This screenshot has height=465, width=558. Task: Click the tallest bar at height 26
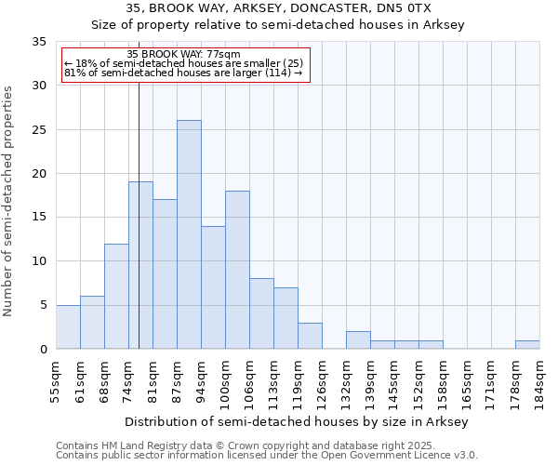(189, 234)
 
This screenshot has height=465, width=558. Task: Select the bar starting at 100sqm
(237, 270)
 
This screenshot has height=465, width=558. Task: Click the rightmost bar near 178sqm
(527, 344)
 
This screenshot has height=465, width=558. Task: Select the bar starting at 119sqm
(310, 336)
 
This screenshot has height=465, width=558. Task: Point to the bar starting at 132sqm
(358, 339)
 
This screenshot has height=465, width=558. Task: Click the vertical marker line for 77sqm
(139, 232)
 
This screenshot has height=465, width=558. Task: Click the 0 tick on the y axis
(44, 349)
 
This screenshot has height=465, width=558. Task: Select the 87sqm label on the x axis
(178, 381)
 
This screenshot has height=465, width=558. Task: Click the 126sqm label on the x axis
(322, 381)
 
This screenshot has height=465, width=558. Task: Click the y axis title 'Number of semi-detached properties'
(9, 201)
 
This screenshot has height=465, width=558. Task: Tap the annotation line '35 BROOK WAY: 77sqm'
(183, 55)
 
